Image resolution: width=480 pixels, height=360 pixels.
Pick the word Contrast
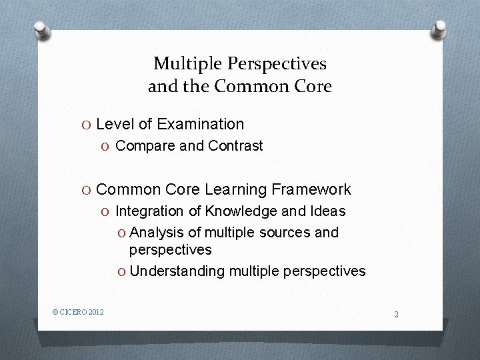(x=235, y=145)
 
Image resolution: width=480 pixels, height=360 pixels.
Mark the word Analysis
(x=156, y=233)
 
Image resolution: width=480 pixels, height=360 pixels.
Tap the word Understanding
(x=177, y=271)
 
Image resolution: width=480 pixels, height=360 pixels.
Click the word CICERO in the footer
(x=73, y=311)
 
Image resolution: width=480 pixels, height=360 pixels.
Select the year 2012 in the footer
(x=96, y=311)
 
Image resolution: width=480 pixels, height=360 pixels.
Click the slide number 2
(x=396, y=314)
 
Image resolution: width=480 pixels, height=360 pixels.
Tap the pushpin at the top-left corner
(x=41, y=29)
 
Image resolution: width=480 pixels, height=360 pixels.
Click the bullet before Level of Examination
(x=87, y=125)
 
